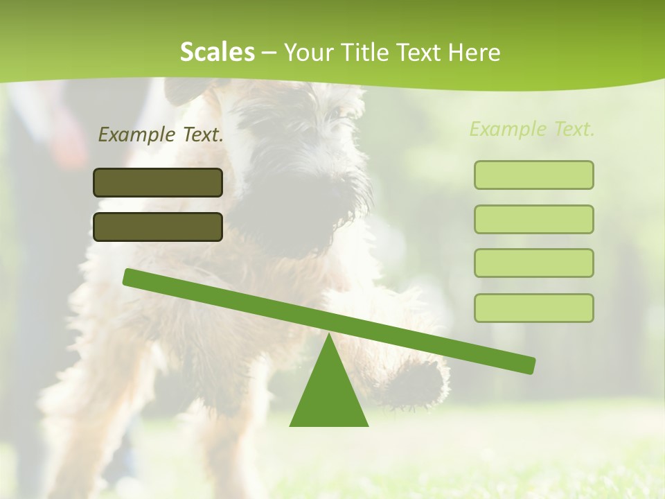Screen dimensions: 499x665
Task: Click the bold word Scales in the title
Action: [x=217, y=52]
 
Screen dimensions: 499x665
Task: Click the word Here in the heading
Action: [x=474, y=53]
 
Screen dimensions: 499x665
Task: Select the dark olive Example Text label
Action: [x=161, y=134]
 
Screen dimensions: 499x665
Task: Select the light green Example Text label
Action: [x=532, y=129]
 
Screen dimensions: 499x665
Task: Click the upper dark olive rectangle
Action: [x=158, y=182]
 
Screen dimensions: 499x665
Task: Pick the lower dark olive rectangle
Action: [x=158, y=227]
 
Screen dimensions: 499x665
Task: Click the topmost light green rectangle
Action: [x=533, y=175]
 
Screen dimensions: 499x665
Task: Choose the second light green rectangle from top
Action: [x=533, y=219]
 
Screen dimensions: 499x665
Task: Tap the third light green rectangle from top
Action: [x=533, y=263]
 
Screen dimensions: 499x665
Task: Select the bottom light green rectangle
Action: [x=533, y=308]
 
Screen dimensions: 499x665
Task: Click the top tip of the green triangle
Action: [x=328, y=335]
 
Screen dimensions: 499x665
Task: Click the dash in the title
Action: [x=269, y=53]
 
